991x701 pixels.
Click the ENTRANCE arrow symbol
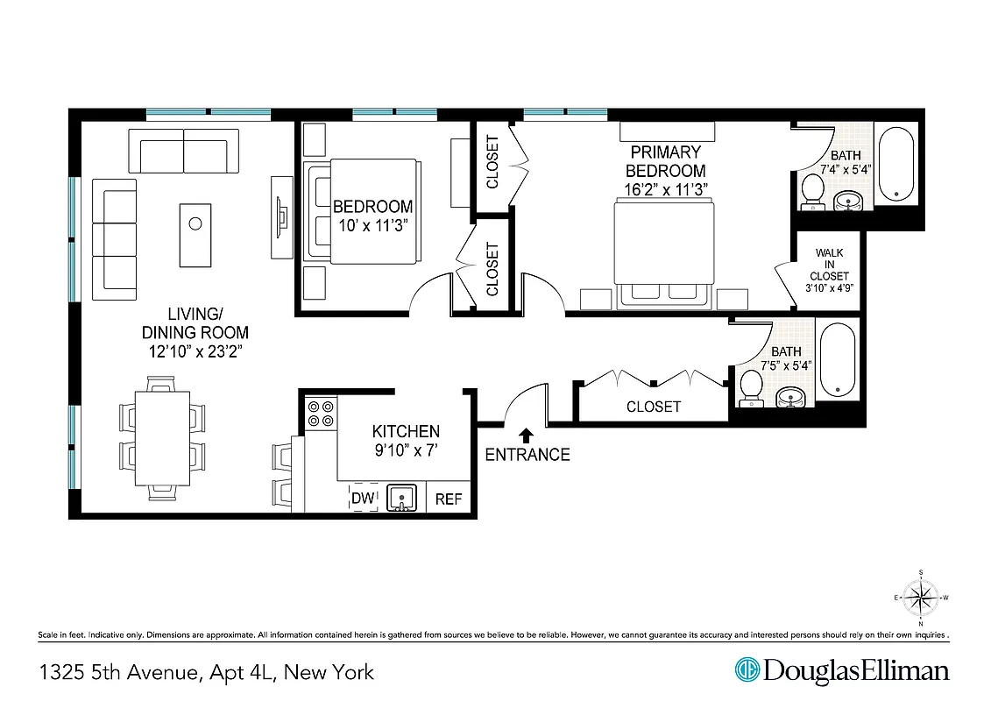[x=527, y=435]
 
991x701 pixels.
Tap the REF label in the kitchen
[x=449, y=499]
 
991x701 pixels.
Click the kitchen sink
[x=402, y=498]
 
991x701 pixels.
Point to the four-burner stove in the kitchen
[x=321, y=413]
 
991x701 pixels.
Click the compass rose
[x=920, y=598]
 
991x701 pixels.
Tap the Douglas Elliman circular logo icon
[x=747, y=671]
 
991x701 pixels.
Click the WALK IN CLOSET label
[x=829, y=270]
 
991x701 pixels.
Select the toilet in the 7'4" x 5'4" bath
[x=811, y=190]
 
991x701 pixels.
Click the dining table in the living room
[x=162, y=437]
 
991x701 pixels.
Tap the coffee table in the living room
[x=195, y=234]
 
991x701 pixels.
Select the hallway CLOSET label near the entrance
[x=653, y=407]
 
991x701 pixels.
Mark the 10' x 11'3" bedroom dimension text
[x=372, y=224]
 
